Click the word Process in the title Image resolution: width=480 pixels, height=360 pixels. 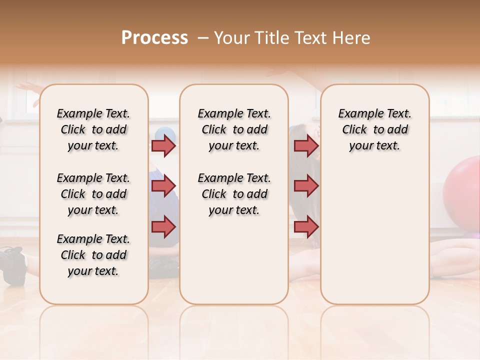[154, 38]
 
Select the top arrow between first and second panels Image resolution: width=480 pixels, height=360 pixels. [163, 145]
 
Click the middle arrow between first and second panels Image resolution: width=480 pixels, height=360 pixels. [163, 186]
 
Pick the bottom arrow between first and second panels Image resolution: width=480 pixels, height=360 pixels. [163, 227]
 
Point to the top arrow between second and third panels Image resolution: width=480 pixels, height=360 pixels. [306, 145]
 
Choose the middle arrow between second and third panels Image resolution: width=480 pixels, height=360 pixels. [306, 186]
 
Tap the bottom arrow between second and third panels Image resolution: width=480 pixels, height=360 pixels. [306, 227]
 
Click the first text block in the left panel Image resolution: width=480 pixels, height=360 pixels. [93, 129]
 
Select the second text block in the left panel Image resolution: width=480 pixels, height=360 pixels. [93, 194]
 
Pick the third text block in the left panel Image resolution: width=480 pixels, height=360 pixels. [93, 255]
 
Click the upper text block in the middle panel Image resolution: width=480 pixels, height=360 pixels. [234, 129]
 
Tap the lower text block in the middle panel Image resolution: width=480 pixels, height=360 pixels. [234, 194]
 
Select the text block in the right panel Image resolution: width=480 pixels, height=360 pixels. [375, 129]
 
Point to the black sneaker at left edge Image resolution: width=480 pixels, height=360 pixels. [13, 265]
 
